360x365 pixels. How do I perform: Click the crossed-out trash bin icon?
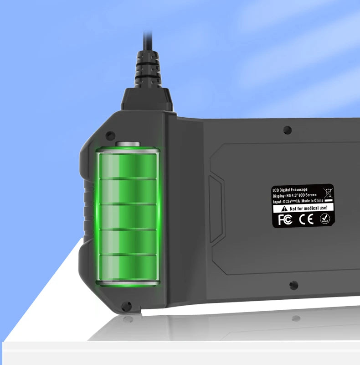click(327, 192)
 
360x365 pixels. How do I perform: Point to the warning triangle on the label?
click(277, 208)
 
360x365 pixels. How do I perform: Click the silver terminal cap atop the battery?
click(128, 145)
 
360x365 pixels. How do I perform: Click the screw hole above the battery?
click(109, 136)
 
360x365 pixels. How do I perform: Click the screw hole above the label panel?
click(287, 130)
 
